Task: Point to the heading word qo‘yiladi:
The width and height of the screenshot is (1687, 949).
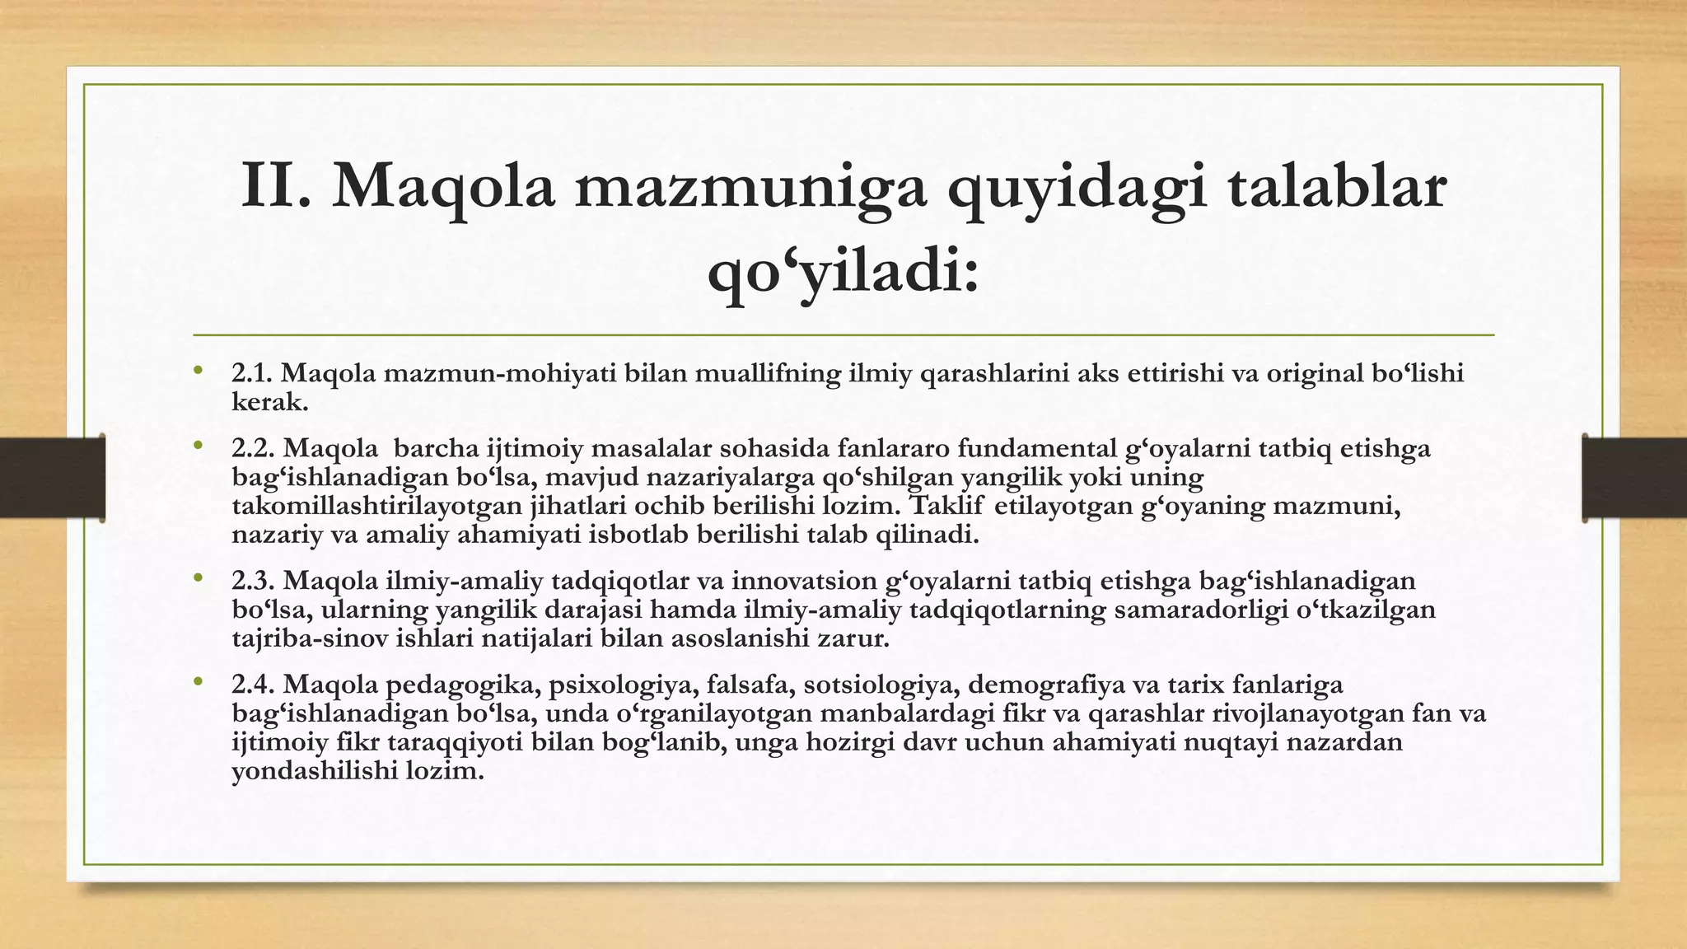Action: pos(843,272)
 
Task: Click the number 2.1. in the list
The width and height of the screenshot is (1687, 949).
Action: pos(252,373)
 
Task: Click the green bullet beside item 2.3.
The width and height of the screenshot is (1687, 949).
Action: pos(198,578)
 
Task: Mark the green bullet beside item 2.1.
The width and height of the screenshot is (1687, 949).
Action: pos(198,371)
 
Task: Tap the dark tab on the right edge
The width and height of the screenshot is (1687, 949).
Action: pos(1634,478)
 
